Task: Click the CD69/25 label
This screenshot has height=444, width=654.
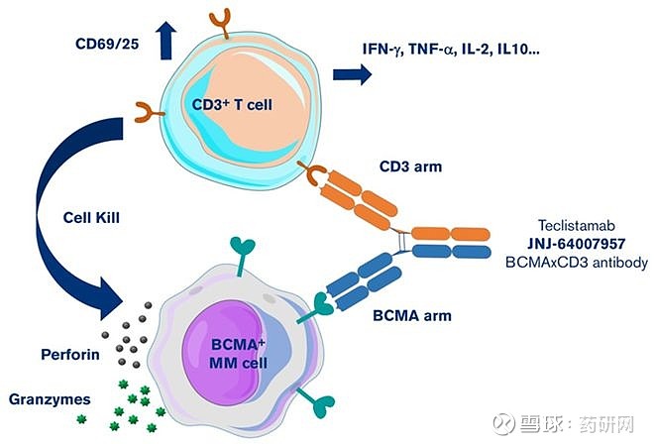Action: (107, 43)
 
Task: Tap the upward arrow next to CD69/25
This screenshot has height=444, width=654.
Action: (164, 41)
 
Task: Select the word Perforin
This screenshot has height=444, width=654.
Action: (70, 351)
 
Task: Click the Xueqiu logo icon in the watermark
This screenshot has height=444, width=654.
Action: (505, 423)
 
